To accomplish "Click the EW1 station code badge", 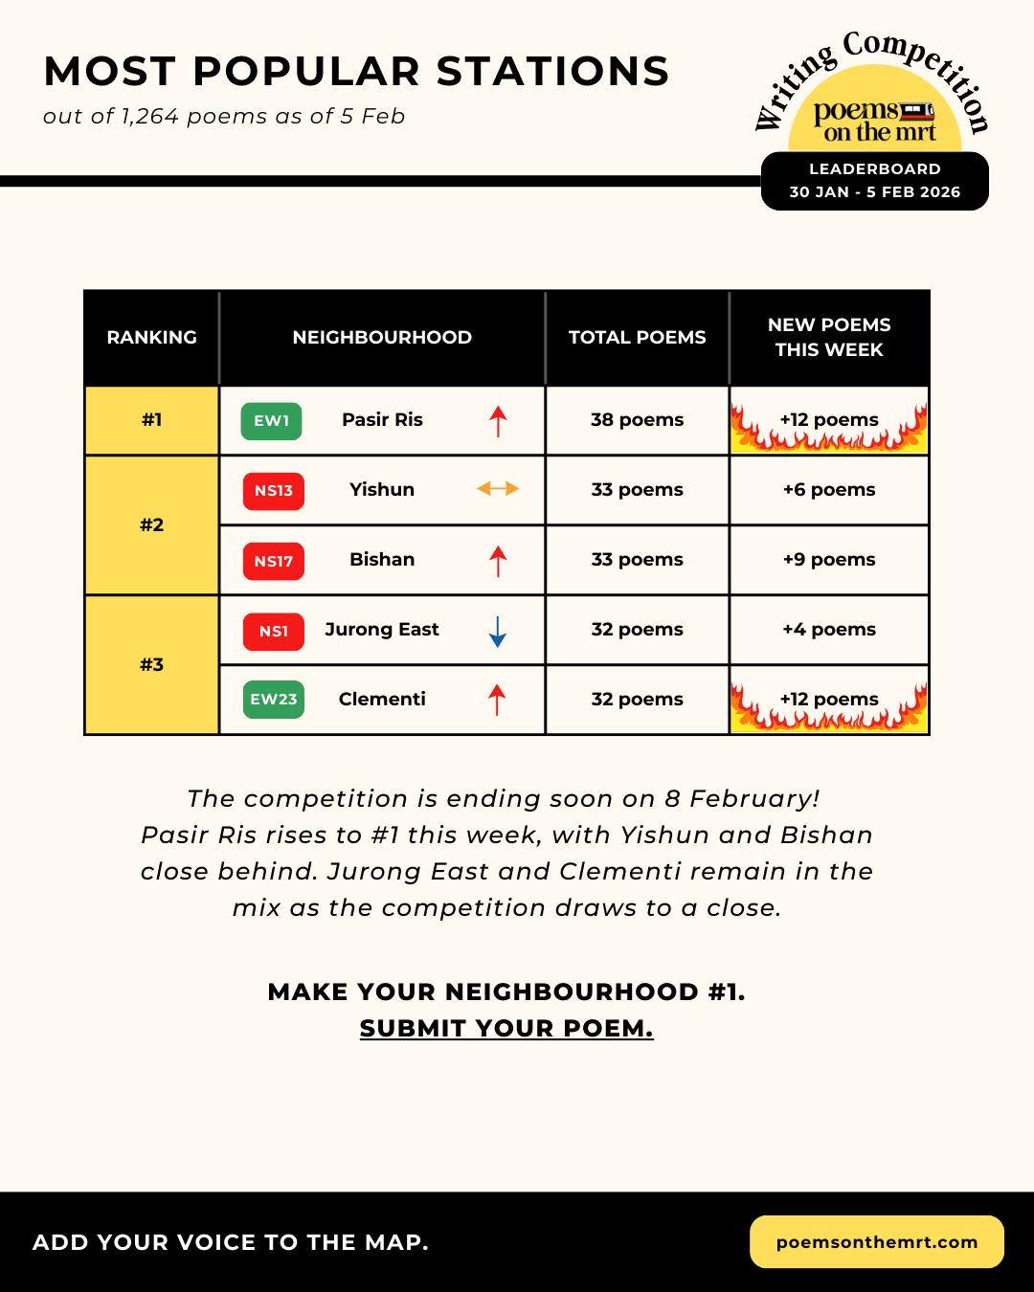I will tap(271, 421).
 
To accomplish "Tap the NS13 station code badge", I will tap(273, 491).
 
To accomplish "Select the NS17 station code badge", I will tap(273, 561).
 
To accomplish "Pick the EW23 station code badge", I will tap(273, 700).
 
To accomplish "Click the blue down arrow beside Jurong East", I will tap(497, 632).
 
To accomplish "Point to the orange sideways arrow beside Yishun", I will tap(498, 489).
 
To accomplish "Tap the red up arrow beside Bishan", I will tap(497, 561).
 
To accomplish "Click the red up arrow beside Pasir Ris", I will tap(498, 421).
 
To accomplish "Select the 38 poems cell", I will tap(637, 420).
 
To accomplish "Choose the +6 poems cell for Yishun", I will tap(828, 490).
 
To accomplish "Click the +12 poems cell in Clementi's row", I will tap(828, 700).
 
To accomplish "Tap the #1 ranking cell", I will tap(151, 420).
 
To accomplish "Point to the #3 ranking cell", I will tap(151, 665).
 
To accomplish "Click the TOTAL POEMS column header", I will tap(637, 338).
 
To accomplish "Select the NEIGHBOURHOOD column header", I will tap(382, 338).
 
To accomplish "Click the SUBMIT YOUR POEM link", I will tap(506, 1029).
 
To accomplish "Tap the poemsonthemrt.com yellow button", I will tap(876, 1242).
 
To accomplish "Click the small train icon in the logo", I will tap(917, 111).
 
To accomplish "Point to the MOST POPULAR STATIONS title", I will tap(356, 72).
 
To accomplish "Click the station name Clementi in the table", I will tap(382, 700).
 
